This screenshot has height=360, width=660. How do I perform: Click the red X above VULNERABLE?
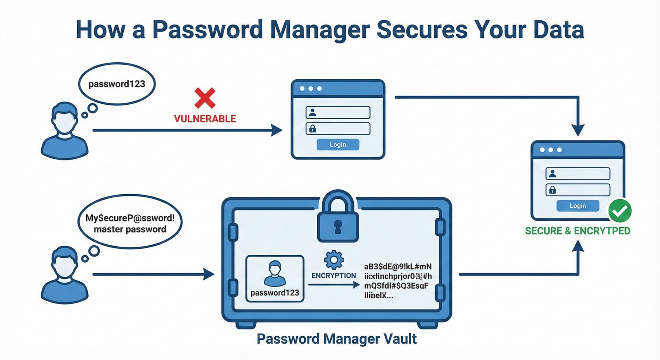[205, 98]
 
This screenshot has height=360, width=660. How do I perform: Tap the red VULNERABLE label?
[205, 119]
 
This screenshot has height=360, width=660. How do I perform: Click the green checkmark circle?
[620, 211]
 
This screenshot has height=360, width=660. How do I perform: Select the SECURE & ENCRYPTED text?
[577, 231]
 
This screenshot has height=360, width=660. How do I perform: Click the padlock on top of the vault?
[337, 217]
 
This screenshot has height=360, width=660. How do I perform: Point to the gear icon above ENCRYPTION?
[334, 260]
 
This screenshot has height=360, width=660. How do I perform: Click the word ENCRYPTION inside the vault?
[333, 275]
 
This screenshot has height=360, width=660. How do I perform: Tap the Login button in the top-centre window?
[338, 145]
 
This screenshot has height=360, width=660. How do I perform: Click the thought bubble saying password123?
[117, 84]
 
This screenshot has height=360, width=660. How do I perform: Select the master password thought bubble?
[130, 223]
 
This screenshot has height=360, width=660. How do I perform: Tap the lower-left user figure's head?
[65, 262]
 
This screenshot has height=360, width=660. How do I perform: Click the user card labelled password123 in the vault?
[275, 278]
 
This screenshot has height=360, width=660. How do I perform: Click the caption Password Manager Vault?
[337, 339]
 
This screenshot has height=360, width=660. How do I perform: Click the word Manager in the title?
[319, 30]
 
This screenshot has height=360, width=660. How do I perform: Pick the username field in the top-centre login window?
[338, 113]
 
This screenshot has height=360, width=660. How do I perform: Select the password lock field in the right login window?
[577, 190]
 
